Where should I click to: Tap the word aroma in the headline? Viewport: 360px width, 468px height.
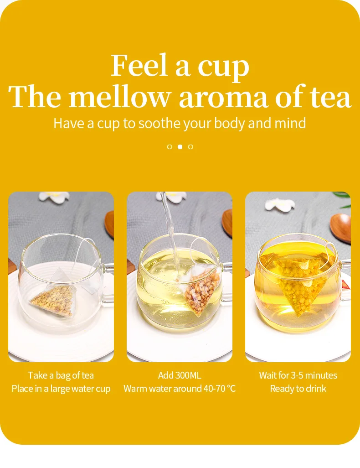coord(223,97)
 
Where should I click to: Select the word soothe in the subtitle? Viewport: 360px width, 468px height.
coord(159,123)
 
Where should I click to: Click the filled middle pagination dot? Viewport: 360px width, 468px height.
coord(180,146)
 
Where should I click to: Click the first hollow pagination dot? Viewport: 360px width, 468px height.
coord(170,146)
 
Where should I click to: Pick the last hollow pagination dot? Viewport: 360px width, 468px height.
coord(190,146)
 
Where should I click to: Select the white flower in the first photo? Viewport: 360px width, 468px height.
coord(54,197)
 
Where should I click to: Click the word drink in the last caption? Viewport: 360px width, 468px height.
coord(316,389)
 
